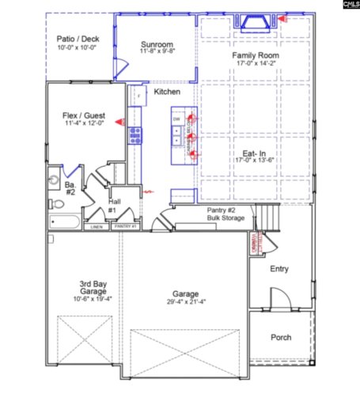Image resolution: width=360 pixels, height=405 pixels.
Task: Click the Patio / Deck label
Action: pyautogui.click(x=77, y=39)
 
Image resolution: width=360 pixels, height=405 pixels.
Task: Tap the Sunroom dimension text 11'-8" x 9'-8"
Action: pyautogui.click(x=157, y=52)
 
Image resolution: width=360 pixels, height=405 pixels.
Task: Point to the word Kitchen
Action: pyautogui.click(x=167, y=93)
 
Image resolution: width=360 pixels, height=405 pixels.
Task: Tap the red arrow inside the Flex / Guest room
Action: pyautogui.click(x=119, y=121)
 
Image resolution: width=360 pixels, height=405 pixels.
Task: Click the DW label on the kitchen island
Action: pyautogui.click(x=176, y=119)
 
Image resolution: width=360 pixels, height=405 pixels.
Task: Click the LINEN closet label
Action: pyautogui.click(x=96, y=227)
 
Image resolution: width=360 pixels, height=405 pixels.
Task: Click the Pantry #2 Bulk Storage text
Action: pyautogui.click(x=204, y=213)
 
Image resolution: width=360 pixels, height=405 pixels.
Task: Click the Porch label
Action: pyautogui.click(x=280, y=337)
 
